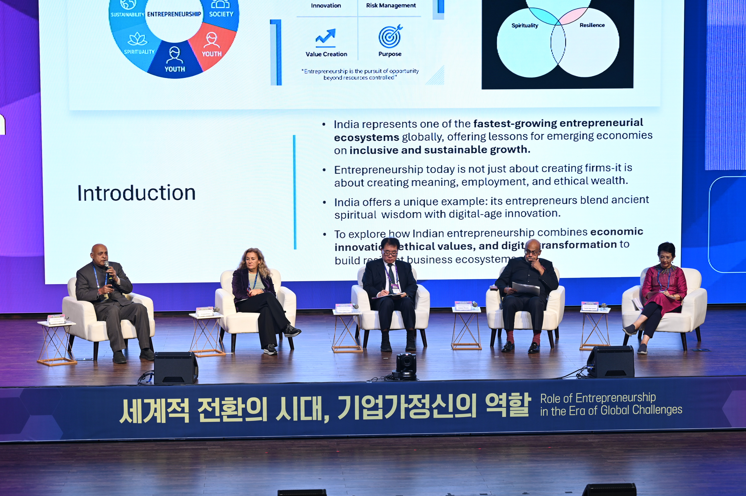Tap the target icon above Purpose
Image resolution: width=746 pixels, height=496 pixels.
coord(390,36)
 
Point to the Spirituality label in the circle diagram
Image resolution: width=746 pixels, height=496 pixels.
coord(524,26)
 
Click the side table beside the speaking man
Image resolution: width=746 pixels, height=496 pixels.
coord(56,342)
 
